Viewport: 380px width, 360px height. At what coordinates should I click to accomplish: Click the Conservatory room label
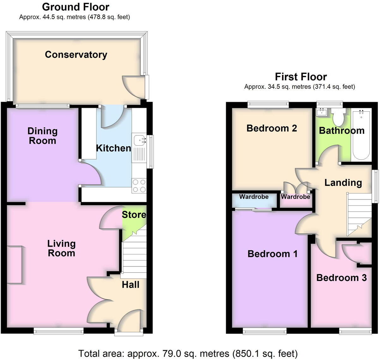click(76, 54)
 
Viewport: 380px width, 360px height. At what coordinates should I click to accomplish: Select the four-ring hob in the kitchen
click(139, 186)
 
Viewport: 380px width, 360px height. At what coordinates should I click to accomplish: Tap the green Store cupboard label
click(134, 215)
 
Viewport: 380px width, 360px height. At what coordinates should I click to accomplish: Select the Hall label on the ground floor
click(130, 285)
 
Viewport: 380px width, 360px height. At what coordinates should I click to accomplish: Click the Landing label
click(343, 182)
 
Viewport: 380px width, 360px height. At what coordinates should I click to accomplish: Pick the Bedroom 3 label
click(341, 278)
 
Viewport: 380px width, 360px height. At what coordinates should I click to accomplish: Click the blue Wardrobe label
click(254, 197)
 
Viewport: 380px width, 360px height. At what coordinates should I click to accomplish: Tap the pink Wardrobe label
click(295, 197)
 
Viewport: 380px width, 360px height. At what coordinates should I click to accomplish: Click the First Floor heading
click(301, 76)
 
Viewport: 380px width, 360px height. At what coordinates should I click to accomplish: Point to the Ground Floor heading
click(75, 7)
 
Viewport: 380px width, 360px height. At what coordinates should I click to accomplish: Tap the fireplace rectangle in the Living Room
click(15, 265)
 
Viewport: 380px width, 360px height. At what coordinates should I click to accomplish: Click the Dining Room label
click(42, 136)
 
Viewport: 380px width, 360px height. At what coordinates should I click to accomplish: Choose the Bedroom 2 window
click(268, 103)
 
